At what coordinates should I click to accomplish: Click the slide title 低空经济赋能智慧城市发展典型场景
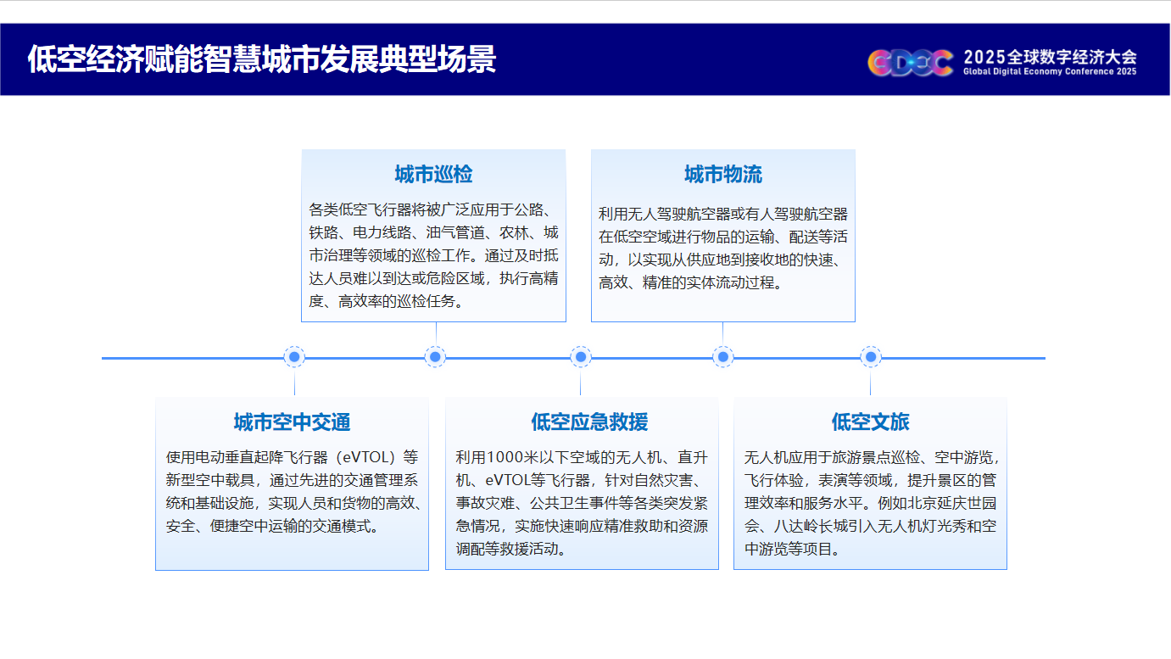tap(261, 59)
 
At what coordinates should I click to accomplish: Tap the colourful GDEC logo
tap(910, 63)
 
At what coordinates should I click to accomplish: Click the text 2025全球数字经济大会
tap(1051, 57)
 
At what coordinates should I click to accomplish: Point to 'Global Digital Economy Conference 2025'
tap(1051, 71)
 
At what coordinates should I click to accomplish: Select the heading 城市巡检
tap(433, 174)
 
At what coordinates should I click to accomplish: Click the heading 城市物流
tap(723, 174)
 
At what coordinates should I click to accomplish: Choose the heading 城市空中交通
tap(292, 422)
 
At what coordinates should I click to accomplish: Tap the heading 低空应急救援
tap(589, 422)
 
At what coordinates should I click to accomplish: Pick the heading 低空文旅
tap(871, 422)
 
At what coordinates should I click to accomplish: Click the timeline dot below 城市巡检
tap(435, 357)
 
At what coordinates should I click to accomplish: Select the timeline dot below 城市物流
tap(723, 357)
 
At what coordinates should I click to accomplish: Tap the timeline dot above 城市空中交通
tap(294, 357)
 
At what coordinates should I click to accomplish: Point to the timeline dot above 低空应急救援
tap(581, 357)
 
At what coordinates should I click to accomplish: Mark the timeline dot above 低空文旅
tap(871, 357)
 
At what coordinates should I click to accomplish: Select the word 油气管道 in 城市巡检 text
tap(454, 232)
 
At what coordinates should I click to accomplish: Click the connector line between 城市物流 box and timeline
tap(723, 333)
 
